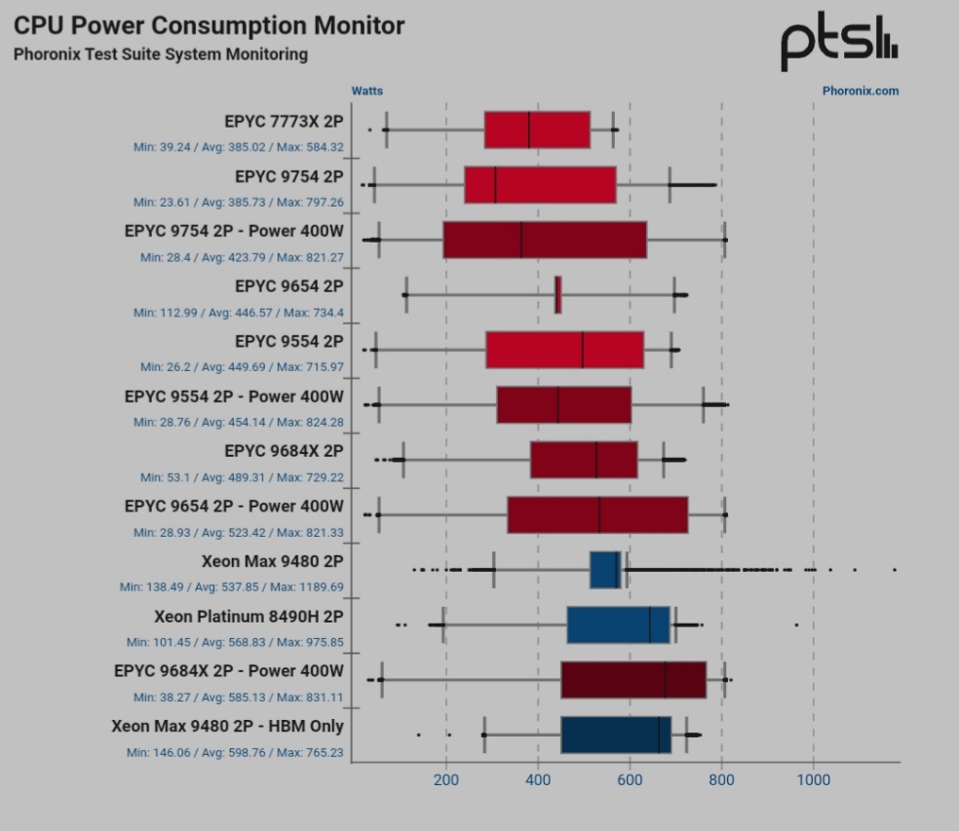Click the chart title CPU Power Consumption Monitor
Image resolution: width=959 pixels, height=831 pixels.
coord(209,25)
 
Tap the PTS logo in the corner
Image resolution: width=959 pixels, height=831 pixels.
coord(838,43)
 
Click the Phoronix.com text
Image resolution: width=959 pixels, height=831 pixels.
coord(860,91)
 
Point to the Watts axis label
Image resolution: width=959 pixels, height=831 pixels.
coord(367,91)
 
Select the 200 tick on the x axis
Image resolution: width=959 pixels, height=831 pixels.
coord(446,779)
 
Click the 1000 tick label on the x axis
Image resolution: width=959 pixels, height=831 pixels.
coord(814,779)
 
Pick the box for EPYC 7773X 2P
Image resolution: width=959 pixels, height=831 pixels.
coord(537,130)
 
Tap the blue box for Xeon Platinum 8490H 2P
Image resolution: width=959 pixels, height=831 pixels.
coord(618,624)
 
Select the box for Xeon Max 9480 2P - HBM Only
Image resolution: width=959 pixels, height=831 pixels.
coord(616,735)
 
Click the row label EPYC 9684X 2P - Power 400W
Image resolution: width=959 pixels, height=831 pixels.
coord(229,671)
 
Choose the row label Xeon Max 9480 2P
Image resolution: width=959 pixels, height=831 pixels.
coord(272,561)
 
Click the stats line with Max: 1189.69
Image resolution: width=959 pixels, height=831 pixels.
coord(232,587)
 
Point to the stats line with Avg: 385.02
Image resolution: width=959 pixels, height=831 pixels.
coord(239,147)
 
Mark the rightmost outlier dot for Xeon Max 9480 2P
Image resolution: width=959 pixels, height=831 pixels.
coord(894,569)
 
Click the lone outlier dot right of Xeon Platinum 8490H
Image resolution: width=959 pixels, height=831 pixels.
coord(796,624)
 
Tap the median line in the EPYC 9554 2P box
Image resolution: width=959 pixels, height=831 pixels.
coord(582,350)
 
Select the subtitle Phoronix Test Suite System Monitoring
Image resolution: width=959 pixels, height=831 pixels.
coord(160,55)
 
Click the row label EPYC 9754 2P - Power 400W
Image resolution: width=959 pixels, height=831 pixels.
coord(234,231)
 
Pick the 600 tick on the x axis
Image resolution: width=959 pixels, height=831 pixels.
coord(630,779)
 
